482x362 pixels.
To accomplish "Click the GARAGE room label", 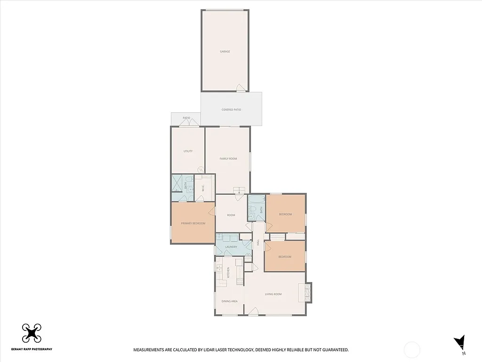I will tap(225, 51).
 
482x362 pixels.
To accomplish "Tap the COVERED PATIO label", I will tap(231, 110).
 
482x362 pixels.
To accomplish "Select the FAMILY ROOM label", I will tap(228, 159).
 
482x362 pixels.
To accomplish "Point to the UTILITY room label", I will tap(188, 151).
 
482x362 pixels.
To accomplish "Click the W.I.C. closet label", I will tap(203, 188).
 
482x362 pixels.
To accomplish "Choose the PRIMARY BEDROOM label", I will tap(193, 223).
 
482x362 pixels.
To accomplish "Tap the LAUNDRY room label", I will tap(231, 247).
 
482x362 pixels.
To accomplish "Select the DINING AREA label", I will tap(229, 301).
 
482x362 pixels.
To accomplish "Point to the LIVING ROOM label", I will tap(273, 294).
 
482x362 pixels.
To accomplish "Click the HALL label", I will tap(258, 242).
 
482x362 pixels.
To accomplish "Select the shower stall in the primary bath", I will tap(177, 184).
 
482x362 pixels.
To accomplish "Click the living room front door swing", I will tap(253, 311).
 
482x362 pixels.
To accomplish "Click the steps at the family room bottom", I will tap(240, 190).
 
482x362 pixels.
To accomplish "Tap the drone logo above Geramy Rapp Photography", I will tap(32, 334).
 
